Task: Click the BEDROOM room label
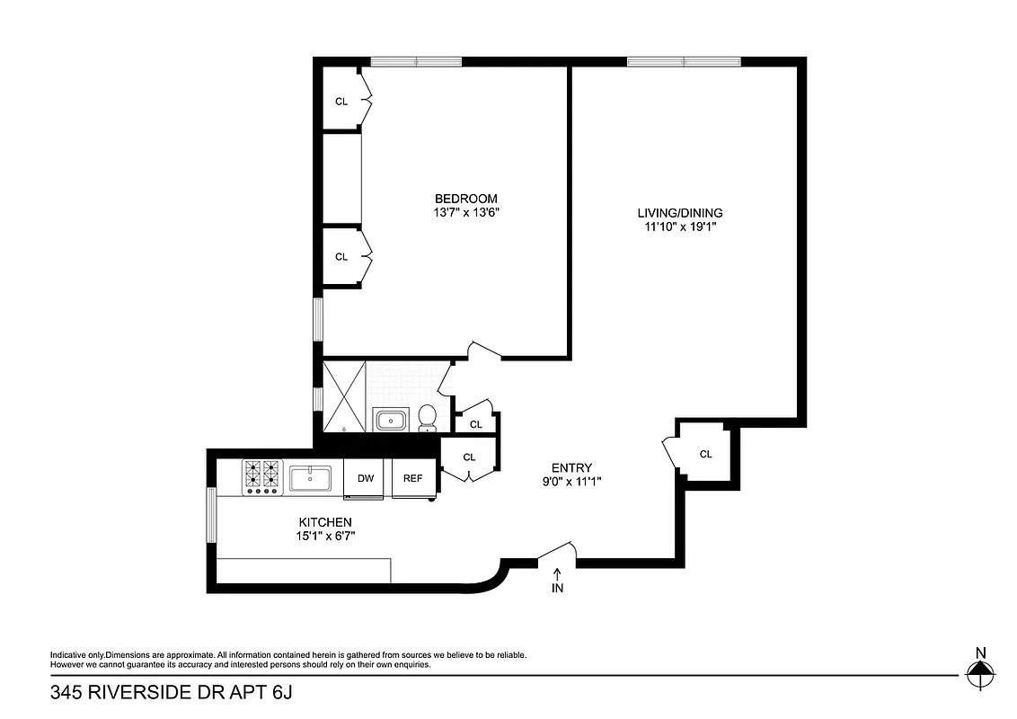coord(465,199)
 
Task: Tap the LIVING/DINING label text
coord(680,213)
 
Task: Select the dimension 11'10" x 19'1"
coord(680,227)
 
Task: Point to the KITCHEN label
coord(325,522)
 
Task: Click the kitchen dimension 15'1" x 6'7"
coord(325,537)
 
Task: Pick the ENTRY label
coord(571,467)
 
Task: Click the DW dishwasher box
coord(365,478)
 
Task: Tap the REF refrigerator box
coord(412,478)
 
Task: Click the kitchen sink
coord(310,477)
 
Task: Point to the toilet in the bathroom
coord(428,417)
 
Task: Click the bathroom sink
coord(392,420)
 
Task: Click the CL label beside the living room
coord(706,455)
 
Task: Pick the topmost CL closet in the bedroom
coord(341,102)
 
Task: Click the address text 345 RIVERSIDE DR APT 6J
coord(172,693)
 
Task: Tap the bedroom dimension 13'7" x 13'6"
coord(465,213)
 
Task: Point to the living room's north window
coord(684,62)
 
